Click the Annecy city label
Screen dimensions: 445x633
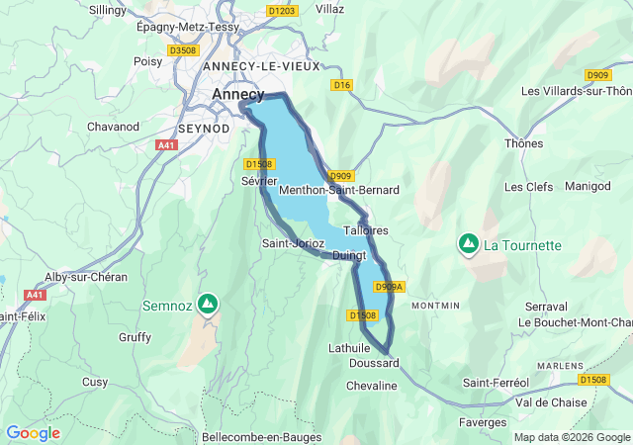(238, 95)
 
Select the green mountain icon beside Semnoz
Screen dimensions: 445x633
(207, 304)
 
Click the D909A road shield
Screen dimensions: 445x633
(389, 287)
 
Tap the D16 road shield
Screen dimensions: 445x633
(342, 85)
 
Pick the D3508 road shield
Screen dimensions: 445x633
(183, 49)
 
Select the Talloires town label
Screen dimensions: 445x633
(365, 230)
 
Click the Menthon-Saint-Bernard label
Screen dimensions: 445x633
(339, 190)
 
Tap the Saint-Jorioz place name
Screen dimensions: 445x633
(293, 243)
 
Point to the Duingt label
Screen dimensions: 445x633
(349, 255)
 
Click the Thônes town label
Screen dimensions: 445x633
(523, 143)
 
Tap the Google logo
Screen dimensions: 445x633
(33, 433)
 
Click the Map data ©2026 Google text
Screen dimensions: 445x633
(572, 437)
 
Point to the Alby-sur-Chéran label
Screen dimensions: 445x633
(86, 277)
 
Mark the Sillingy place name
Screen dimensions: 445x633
(108, 9)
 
